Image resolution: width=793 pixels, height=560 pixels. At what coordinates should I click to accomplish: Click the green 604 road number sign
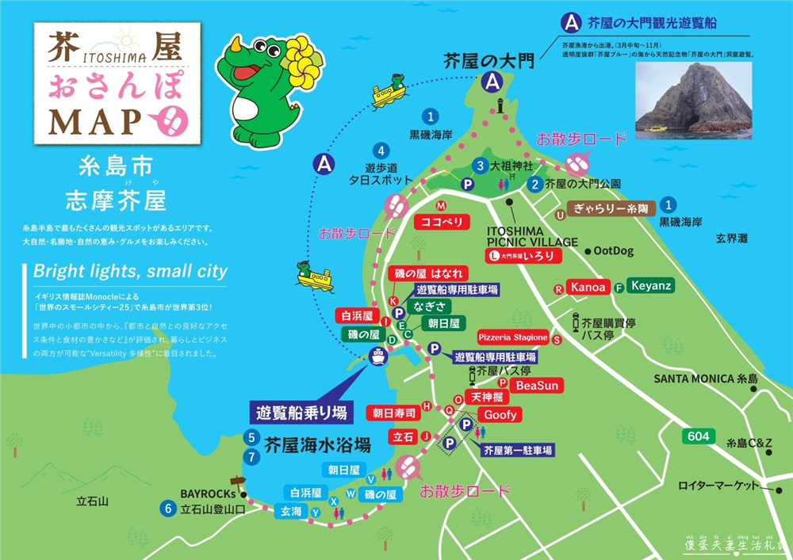coord(699,436)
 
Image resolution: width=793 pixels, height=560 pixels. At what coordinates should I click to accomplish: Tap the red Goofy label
coord(500,414)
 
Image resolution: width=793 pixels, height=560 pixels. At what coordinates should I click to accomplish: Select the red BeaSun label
coord(537,386)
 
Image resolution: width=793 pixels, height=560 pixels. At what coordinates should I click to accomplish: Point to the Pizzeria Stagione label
coord(513,338)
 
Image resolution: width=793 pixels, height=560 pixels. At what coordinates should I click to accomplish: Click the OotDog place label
coord(613,250)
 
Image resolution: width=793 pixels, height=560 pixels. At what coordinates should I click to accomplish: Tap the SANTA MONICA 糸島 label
coord(706,379)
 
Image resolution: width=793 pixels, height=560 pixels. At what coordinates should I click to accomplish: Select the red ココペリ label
coord(442,222)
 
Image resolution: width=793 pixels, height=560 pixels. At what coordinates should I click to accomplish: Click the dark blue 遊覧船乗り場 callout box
coord(301,412)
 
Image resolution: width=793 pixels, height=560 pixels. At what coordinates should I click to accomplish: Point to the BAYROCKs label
coord(207,491)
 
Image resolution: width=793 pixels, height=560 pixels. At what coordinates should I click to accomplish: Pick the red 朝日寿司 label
coord(393,413)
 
